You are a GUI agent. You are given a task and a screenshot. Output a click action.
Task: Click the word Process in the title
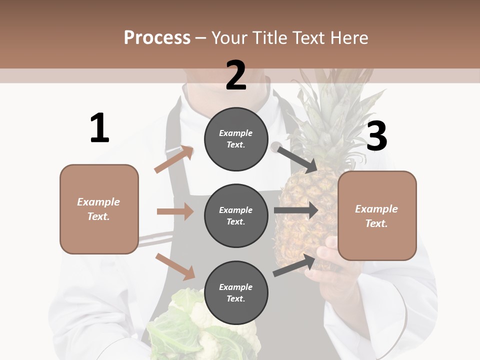click(157, 37)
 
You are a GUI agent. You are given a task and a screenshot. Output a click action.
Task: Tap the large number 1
click(99, 128)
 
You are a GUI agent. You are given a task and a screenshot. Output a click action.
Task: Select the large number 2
click(236, 75)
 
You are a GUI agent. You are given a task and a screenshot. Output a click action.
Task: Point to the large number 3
click(376, 136)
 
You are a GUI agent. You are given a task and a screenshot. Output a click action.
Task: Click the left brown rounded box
click(99, 209)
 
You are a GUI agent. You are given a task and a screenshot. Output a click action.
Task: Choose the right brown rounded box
click(377, 215)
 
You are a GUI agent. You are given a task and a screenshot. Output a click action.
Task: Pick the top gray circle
click(236, 139)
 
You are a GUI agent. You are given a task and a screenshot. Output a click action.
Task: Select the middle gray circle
click(236, 215)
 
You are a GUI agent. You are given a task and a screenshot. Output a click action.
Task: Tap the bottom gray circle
click(236, 292)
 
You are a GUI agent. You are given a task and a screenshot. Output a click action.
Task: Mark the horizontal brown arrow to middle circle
click(175, 211)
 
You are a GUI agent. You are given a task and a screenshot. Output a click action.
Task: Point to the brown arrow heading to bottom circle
click(175, 266)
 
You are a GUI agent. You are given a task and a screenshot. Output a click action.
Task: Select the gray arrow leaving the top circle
click(296, 159)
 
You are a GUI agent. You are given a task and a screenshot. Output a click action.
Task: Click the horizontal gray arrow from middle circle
click(295, 210)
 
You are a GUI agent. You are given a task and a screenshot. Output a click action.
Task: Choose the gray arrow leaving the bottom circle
click(294, 265)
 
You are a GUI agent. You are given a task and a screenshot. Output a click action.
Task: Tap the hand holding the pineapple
click(327, 265)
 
